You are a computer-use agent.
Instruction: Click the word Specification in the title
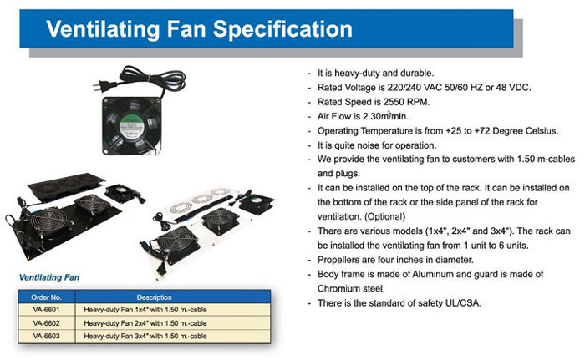(282, 30)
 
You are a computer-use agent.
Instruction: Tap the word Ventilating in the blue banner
(104, 30)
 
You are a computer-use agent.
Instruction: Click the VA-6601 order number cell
(46, 309)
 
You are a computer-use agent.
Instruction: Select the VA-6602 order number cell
(46, 323)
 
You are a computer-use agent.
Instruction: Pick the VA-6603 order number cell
(46, 336)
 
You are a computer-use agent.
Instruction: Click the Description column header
(154, 297)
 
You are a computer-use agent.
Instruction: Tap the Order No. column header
(46, 297)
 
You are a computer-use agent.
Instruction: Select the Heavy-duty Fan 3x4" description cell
(145, 336)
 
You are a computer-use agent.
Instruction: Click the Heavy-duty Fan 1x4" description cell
(145, 309)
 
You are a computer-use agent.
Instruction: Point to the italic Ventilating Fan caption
(49, 277)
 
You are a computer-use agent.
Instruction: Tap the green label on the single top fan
(129, 125)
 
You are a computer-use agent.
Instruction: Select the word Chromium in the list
(334, 288)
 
